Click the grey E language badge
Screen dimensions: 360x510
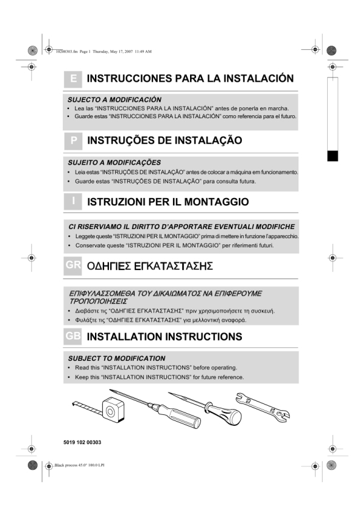pyautogui.click(x=73, y=79)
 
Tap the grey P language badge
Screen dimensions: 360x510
pyautogui.click(x=73, y=141)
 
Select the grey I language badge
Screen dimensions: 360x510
pyautogui.click(x=73, y=201)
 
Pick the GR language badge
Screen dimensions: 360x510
pyautogui.click(x=73, y=266)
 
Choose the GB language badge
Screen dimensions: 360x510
pyautogui.click(x=73, y=336)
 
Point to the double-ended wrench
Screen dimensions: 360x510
pyautogui.click(x=263, y=407)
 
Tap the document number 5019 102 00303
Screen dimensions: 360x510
pyautogui.click(x=82, y=442)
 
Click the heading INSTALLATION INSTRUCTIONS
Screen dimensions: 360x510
pyautogui.click(x=164, y=336)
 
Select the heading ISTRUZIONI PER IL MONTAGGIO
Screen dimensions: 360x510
pyautogui.click(x=168, y=202)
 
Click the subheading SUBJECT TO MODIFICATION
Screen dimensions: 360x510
pyautogui.click(x=117, y=358)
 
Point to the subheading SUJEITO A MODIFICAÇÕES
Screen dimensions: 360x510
pyautogui.click(x=115, y=162)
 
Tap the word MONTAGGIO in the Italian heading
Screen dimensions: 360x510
pyautogui.click(x=217, y=202)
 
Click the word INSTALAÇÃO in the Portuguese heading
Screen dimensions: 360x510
pyautogui.click(x=208, y=140)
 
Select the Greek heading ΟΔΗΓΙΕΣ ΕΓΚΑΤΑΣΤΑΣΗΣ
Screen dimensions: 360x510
pyautogui.click(x=150, y=266)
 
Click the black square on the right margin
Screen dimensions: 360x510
pyautogui.click(x=333, y=156)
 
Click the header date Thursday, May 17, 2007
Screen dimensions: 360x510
pyautogui.click(x=113, y=51)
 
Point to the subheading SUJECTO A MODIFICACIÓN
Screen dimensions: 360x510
pyautogui.click(x=115, y=99)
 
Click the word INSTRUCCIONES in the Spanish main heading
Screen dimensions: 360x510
pyautogui.click(x=129, y=79)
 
